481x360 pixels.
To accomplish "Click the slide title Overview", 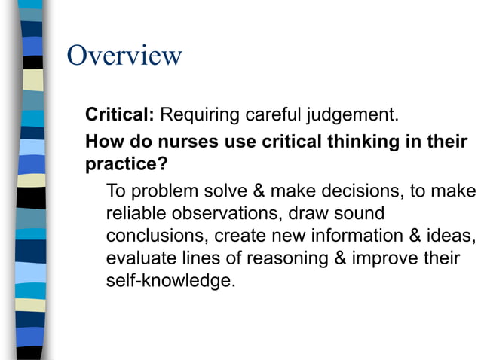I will coord(124,56).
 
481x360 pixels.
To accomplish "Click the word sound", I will coord(355,212).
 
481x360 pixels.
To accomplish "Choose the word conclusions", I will coord(158,236).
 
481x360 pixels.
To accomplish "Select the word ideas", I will coord(452,236).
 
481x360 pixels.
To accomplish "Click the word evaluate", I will coord(142,258).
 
